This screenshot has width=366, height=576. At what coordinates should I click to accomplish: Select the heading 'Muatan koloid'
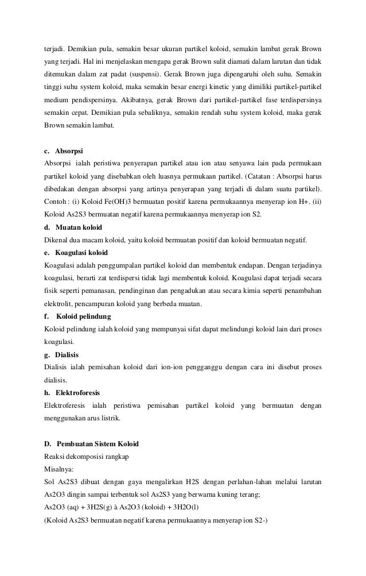(x=78, y=227)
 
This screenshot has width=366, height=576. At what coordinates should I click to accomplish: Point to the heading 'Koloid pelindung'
(x=84, y=316)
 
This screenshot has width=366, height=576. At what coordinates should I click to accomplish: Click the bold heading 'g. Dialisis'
(x=61, y=354)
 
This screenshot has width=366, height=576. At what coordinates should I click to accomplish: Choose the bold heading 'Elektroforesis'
(x=77, y=393)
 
